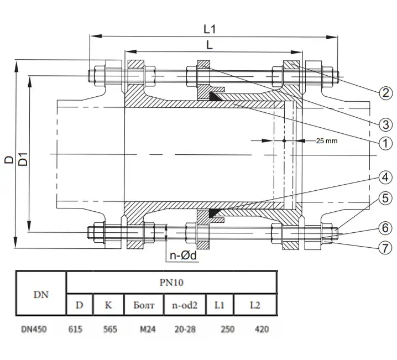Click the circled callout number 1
pyautogui.click(x=385, y=143)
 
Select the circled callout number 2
pyautogui.click(x=385, y=93)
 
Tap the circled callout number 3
pyautogui.click(x=385, y=124)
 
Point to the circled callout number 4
pyautogui.click(x=385, y=177)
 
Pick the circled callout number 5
pyautogui.click(x=385, y=198)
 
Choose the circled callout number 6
pyautogui.click(x=385, y=228)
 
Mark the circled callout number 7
pyautogui.click(x=385, y=248)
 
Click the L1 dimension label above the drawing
pyautogui.click(x=210, y=29)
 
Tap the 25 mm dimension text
pyautogui.click(x=327, y=141)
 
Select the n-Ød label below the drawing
pyautogui.click(x=183, y=255)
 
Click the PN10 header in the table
pyautogui.click(x=171, y=282)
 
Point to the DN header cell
pyautogui.click(x=41, y=294)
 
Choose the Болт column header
pyautogui.click(x=144, y=305)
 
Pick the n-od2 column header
pyautogui.click(x=185, y=305)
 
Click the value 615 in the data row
pyautogui.click(x=75, y=330)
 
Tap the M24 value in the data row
pyautogui.click(x=148, y=330)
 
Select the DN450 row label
pyautogui.click(x=34, y=330)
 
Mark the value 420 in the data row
pyautogui.click(x=262, y=330)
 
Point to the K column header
pyautogui.click(x=108, y=305)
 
